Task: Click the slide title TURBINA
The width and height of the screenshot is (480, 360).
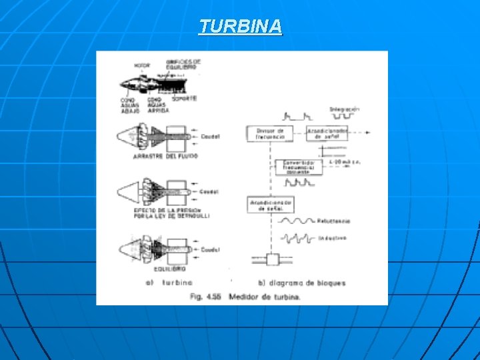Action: coord(240,27)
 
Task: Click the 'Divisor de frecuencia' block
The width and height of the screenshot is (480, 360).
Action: coord(271,133)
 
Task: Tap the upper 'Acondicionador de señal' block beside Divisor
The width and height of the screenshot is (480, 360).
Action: coord(327,133)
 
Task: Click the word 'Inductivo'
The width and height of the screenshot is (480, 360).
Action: coord(332,238)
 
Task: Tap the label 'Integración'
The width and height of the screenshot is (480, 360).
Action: coord(344,109)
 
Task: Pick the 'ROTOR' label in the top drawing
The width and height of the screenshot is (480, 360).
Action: coord(141,65)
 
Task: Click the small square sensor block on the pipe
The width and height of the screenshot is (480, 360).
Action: coord(273,260)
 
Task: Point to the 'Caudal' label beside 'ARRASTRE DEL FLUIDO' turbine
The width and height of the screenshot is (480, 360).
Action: coord(211,137)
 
